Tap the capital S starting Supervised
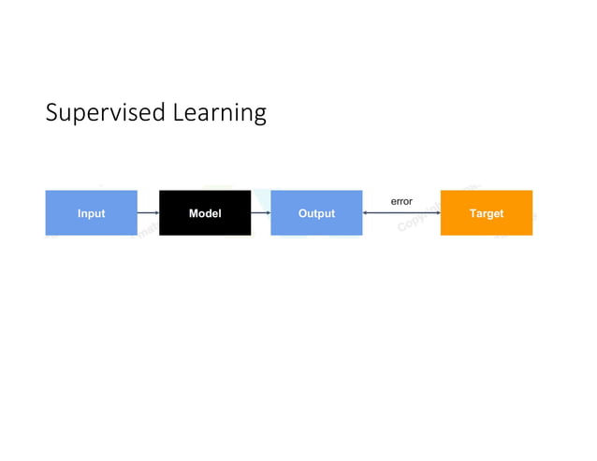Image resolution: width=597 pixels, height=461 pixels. click(52, 112)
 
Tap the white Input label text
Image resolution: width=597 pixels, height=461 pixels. click(91, 213)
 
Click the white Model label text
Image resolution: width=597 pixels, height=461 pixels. click(204, 213)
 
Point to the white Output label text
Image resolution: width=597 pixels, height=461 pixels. click(316, 213)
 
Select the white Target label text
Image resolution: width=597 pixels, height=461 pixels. click(486, 213)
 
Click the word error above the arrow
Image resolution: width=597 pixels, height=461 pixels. click(400, 201)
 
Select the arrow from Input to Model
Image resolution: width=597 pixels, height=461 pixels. click(147, 213)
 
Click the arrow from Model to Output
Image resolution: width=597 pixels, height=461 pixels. click(260, 213)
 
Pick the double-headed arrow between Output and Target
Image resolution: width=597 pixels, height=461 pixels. click(400, 213)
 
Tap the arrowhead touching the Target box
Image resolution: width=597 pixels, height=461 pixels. click(437, 213)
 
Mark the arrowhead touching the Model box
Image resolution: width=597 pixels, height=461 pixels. click(156, 213)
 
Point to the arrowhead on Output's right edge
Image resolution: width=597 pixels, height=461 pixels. click(366, 213)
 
